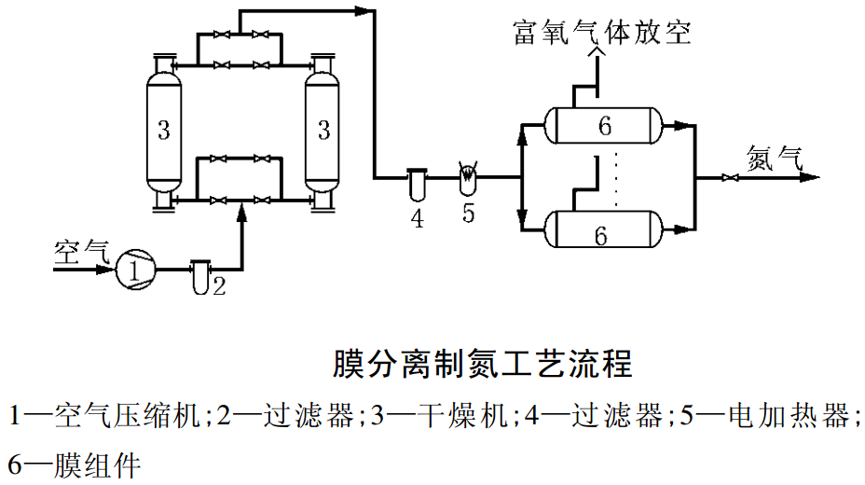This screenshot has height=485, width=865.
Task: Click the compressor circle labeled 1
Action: click(x=134, y=270)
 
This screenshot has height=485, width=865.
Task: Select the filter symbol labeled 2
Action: click(x=199, y=277)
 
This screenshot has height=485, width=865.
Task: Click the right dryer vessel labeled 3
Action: click(x=323, y=131)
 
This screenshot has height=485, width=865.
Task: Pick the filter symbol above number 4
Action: click(x=417, y=183)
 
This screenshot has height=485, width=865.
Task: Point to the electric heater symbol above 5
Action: click(x=469, y=177)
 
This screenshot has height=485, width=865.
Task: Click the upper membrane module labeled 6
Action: click(x=605, y=126)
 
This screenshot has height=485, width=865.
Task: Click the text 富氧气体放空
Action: click(x=602, y=34)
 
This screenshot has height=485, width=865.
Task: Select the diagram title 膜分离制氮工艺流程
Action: click(x=483, y=362)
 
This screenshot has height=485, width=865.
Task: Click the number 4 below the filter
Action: click(x=417, y=218)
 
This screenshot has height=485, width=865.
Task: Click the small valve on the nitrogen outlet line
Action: click(x=726, y=177)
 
